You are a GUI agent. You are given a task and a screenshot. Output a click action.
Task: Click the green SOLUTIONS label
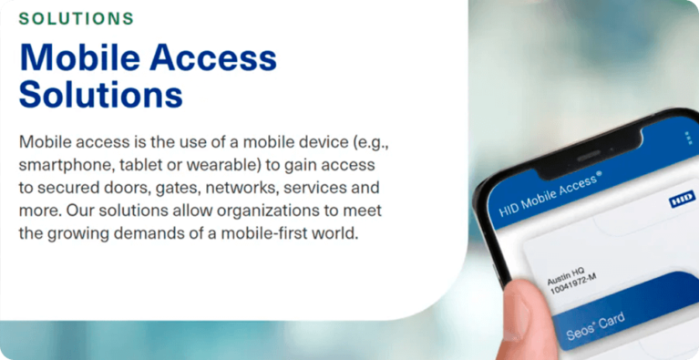point(77,18)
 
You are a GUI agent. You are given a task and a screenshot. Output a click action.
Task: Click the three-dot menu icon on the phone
point(688,139)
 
